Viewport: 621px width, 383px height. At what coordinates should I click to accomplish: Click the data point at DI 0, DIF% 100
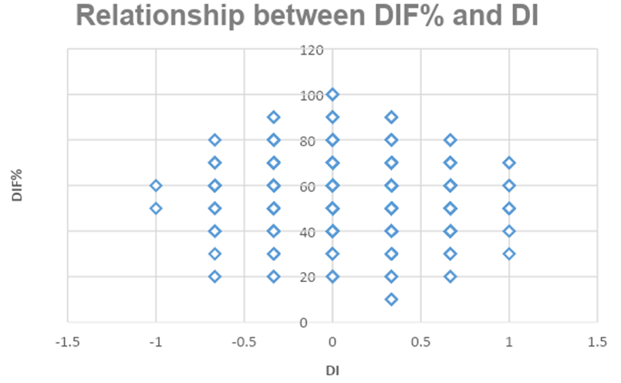click(332, 95)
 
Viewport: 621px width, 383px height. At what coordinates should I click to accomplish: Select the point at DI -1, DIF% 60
click(156, 186)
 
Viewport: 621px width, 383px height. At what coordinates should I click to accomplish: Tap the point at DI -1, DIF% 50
click(156, 208)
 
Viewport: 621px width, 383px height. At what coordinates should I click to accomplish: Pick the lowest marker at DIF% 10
click(391, 299)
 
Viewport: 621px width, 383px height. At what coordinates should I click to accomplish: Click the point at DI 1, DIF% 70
click(509, 163)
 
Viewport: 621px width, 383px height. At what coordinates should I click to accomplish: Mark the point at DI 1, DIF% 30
click(509, 254)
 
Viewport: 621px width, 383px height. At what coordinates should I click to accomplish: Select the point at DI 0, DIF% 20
click(332, 277)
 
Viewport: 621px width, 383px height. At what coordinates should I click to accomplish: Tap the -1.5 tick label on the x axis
click(68, 340)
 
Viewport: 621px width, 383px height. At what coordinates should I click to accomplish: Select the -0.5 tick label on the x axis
click(245, 340)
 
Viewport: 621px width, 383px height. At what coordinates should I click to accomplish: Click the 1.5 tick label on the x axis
click(598, 340)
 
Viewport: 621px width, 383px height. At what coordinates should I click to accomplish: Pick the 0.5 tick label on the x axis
click(421, 340)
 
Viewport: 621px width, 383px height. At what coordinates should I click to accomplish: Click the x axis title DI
click(332, 370)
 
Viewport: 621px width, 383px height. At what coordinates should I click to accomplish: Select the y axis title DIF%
click(17, 186)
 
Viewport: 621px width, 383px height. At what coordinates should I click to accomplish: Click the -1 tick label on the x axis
click(156, 340)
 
